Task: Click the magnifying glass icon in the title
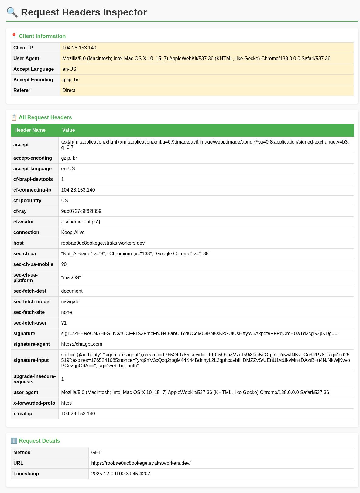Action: coord(12,12)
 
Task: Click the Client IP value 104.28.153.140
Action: coord(79,48)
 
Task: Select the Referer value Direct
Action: coord(69,90)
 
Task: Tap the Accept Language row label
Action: coord(33,69)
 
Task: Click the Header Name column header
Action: coord(30,130)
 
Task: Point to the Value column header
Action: coord(68,130)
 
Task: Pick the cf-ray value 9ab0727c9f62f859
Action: coord(81,211)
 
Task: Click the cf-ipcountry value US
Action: coord(64,201)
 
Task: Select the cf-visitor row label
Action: coord(23,222)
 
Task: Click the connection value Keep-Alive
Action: coord(73,233)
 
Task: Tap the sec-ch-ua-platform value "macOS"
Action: coord(71,278)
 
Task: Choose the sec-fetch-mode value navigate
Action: coord(70,302)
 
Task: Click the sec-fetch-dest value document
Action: coord(72,291)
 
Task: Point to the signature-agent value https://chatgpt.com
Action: coord(81,344)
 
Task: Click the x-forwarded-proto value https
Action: coord(66,403)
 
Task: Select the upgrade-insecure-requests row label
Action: coord(34,379)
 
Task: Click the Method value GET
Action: coord(96,453)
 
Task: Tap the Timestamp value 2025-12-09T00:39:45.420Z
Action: coord(121,474)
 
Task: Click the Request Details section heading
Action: coord(39,441)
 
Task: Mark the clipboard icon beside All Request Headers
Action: coord(14,117)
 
